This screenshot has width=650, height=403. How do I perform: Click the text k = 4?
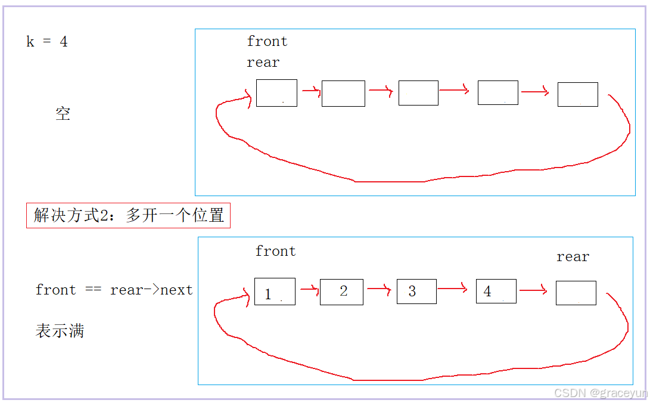pos(47,42)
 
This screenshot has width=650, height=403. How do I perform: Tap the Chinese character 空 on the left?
pos(63,114)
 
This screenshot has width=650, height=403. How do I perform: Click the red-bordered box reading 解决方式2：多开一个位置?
pos(128,215)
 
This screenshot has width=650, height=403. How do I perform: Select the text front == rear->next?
pos(114,290)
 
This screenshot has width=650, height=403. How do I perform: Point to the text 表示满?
pos(60,331)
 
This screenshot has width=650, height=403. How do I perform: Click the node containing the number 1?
pos(275,292)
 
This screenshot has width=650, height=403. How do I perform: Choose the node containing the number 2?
pos(341,292)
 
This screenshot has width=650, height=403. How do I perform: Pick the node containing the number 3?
pos(416,292)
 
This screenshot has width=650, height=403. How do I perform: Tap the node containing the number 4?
pos(496,291)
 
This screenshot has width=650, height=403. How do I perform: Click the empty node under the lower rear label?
pos(576,293)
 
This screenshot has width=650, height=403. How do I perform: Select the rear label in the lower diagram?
pos(573,257)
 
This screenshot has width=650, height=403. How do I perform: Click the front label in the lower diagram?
pos(275,251)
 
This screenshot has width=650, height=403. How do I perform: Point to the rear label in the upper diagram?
pos(263,63)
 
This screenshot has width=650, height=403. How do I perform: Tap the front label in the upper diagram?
pos(267,41)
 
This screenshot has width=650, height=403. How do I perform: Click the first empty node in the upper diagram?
pos(276,93)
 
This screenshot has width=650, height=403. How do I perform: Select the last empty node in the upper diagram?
pos(577,94)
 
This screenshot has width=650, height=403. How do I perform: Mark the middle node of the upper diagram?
pos(418,93)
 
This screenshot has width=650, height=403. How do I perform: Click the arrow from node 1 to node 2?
pos(309,290)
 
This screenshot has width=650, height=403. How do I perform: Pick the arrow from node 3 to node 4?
pos(452,289)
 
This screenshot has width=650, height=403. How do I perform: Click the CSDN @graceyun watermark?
pos(600,393)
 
